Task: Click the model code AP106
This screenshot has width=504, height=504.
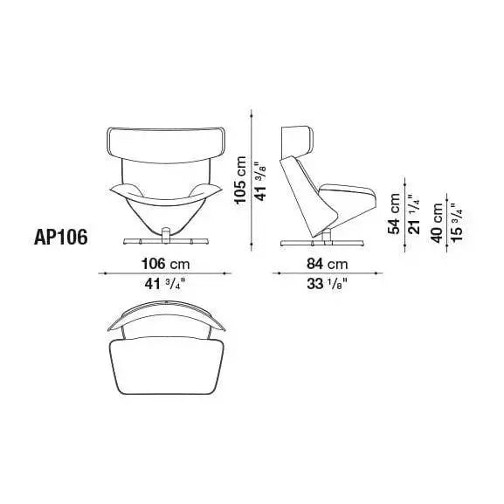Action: coord(61,238)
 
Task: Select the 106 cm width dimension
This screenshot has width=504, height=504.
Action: coord(166,264)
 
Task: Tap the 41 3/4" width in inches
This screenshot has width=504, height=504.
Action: coord(166,284)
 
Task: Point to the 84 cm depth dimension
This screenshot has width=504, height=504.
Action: coord(328,264)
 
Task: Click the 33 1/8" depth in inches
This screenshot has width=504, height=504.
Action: coord(328,284)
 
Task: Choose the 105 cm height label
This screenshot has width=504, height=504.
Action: coord(240,180)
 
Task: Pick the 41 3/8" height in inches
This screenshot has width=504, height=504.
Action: coord(259,181)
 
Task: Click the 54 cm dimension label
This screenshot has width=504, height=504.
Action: coord(394,214)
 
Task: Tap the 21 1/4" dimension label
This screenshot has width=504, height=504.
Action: coord(414,214)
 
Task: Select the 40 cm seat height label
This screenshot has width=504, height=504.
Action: coord(437,223)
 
